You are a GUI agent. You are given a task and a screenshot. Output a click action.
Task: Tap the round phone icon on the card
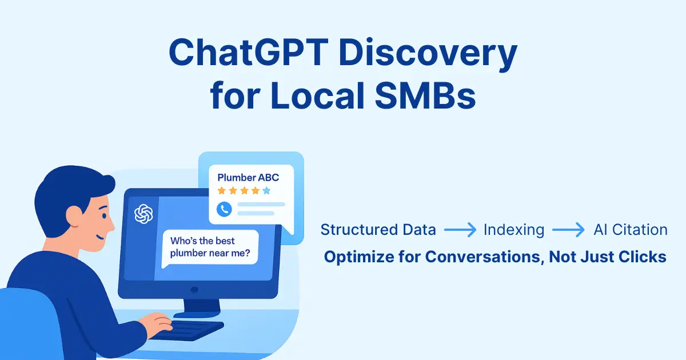(225, 209)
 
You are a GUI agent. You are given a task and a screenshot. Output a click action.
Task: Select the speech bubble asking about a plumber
(210, 247)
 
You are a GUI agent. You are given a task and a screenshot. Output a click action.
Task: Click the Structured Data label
(378, 230)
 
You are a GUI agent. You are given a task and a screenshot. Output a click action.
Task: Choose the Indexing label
(513, 230)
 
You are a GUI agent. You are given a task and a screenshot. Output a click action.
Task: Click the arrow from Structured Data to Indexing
(460, 230)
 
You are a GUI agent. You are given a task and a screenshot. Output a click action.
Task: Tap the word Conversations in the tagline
(484, 257)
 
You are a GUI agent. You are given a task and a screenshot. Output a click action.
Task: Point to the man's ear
(74, 215)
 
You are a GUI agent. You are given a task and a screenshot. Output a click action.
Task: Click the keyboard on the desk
(189, 329)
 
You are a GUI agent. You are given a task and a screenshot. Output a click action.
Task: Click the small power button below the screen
(194, 290)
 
